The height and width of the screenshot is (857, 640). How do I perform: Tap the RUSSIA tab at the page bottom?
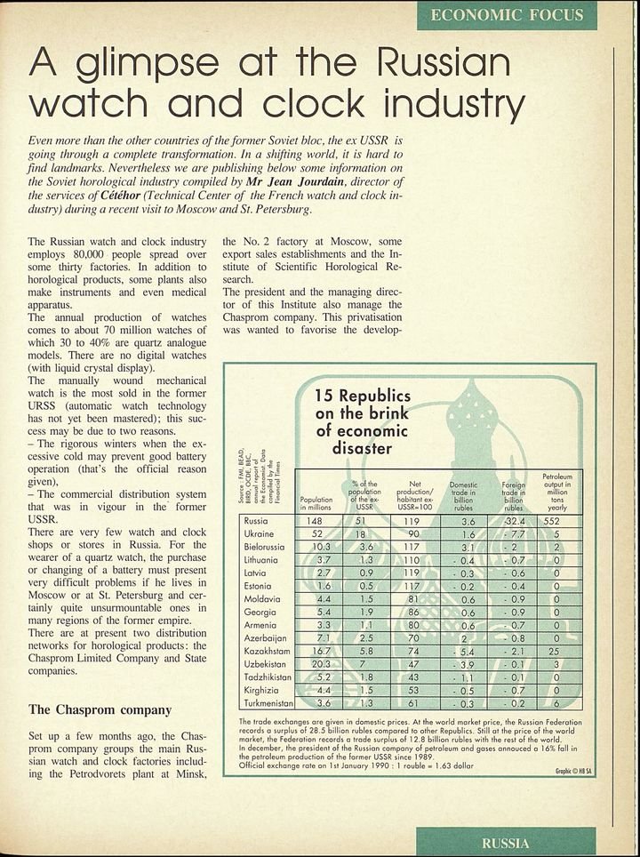tap(505, 842)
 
